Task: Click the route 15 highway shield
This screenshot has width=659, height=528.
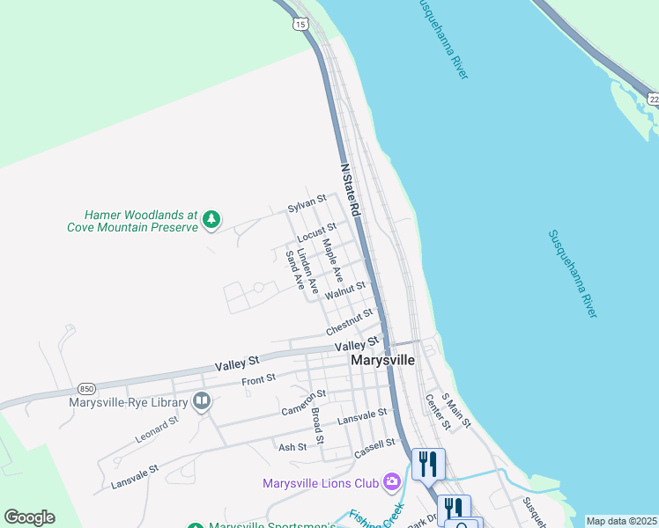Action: pos(302,25)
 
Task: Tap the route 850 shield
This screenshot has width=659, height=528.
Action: pos(86,388)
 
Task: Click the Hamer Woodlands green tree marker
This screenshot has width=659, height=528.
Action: pos(211,219)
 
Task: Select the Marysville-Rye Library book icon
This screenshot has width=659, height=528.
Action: pos(202,403)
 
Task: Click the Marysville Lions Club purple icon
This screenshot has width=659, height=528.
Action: pos(392,482)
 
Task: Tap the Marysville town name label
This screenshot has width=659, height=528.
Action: pos(382,360)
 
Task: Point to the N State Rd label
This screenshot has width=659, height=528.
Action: pos(351,190)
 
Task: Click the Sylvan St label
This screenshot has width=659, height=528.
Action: pos(307,206)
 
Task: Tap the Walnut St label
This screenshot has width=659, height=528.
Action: pos(344,290)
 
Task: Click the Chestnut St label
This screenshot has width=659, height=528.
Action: pos(349,322)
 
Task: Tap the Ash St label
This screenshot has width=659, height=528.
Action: pos(292,447)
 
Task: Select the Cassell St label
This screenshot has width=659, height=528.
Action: pos(375,448)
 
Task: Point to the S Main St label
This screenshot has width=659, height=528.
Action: pos(457,411)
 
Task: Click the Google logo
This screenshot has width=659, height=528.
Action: pos(29,517)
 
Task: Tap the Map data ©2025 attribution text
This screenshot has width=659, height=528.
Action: pos(621,521)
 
